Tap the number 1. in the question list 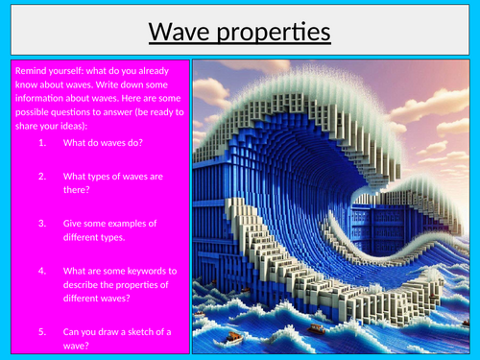[x=44, y=143]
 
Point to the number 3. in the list [x=44, y=223]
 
